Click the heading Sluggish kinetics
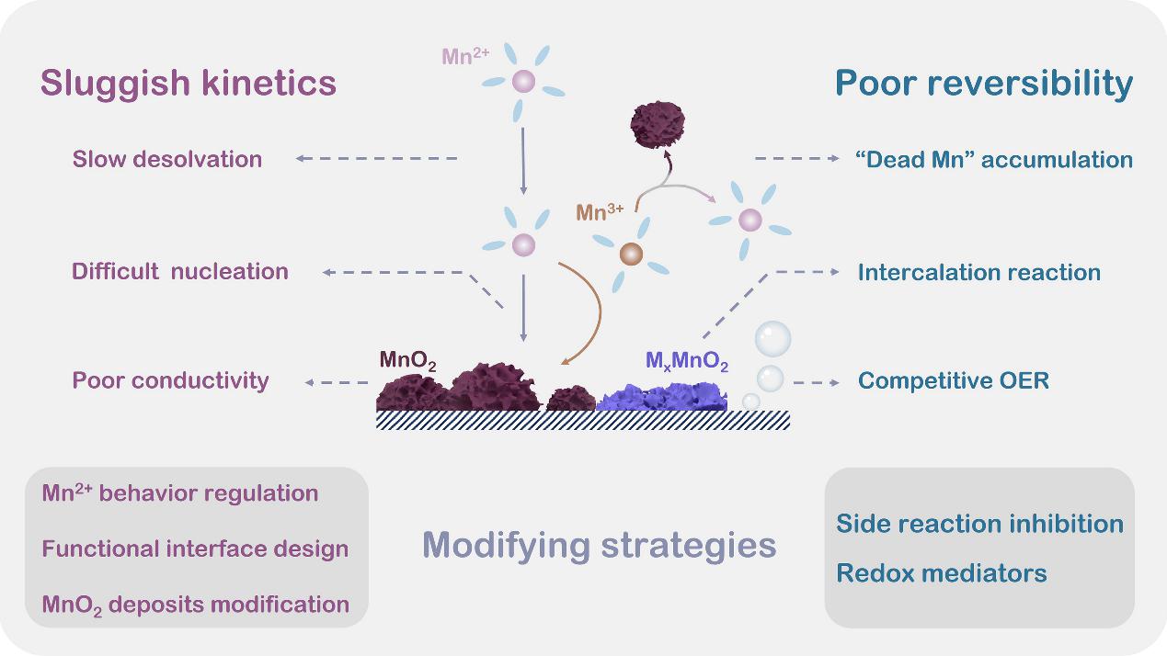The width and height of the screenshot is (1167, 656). pyautogui.click(x=189, y=84)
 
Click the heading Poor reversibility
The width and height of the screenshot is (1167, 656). pyautogui.click(x=983, y=84)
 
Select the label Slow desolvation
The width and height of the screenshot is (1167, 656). pyautogui.click(x=167, y=159)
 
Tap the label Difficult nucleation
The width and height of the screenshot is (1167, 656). pyautogui.click(x=180, y=271)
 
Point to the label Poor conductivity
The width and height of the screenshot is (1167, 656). pyautogui.click(x=171, y=380)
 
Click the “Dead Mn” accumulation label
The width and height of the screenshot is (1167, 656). pyautogui.click(x=993, y=159)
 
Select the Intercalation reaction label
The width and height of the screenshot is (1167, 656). pyautogui.click(x=978, y=272)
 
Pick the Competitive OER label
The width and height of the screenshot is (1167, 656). pyautogui.click(x=953, y=380)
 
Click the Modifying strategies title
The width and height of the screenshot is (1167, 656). pyautogui.click(x=600, y=545)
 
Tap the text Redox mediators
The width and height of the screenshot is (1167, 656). pyautogui.click(x=941, y=573)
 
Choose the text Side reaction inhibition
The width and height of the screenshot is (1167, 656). pyautogui.click(x=979, y=524)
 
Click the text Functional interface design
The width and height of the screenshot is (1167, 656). pyautogui.click(x=195, y=549)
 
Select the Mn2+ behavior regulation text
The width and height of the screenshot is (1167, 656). pyautogui.click(x=180, y=493)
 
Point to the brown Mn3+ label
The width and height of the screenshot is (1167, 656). pyautogui.click(x=600, y=212)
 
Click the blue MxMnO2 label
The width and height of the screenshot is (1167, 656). pyautogui.click(x=687, y=363)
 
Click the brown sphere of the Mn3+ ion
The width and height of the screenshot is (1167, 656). pyautogui.click(x=631, y=254)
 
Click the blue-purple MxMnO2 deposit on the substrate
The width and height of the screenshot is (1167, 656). pyautogui.click(x=662, y=398)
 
